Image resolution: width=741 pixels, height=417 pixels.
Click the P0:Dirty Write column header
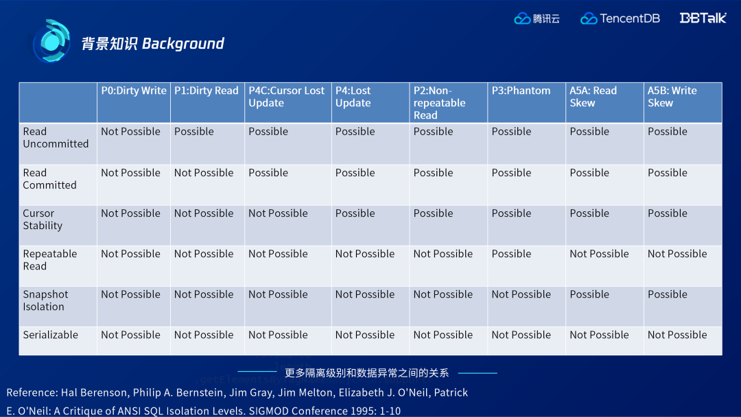134,91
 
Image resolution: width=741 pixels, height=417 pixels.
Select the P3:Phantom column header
521,91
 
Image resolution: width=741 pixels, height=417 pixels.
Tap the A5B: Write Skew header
672,97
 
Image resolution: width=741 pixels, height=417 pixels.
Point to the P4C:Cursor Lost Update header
286,97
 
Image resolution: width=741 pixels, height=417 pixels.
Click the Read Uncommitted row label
56,137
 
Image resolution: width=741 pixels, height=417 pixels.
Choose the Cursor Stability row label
43,219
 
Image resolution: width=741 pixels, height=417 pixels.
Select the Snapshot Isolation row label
45,300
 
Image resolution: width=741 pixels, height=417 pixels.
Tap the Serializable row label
51,335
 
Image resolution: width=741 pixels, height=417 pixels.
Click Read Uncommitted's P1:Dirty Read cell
193,131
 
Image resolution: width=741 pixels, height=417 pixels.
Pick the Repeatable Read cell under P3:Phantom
511,254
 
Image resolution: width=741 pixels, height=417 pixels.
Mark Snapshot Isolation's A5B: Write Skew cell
668,294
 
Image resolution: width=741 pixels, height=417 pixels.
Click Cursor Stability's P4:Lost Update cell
355,213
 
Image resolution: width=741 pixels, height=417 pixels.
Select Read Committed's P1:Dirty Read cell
204,173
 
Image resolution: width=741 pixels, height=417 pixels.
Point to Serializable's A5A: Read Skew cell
599,335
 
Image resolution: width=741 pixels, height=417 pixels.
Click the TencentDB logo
620,19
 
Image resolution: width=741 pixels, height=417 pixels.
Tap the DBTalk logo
703,18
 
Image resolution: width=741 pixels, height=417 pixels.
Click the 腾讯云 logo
537,19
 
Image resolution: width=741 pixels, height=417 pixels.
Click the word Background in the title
183,43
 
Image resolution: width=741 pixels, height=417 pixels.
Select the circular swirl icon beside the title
51,42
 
